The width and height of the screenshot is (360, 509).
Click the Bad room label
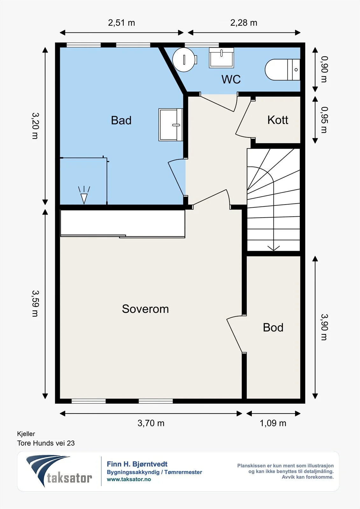click(x=121, y=120)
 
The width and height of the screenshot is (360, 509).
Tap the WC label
click(x=231, y=79)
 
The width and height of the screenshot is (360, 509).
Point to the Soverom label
click(x=145, y=309)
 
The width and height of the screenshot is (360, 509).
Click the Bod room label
click(x=273, y=327)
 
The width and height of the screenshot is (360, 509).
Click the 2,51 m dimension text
click(x=122, y=23)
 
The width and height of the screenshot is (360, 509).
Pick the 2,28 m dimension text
click(x=244, y=23)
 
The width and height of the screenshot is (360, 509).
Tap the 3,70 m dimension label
click(x=151, y=423)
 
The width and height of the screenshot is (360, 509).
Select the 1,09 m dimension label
click(x=273, y=423)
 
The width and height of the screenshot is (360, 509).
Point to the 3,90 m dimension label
click(x=324, y=327)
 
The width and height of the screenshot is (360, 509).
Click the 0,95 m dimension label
click(x=324, y=120)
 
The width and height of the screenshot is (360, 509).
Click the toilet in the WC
click(x=282, y=70)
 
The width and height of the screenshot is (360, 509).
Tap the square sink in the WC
click(x=221, y=58)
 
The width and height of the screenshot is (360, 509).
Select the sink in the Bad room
click(x=171, y=125)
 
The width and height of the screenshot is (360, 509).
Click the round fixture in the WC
click(x=184, y=59)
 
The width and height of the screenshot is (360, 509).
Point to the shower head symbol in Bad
click(x=84, y=195)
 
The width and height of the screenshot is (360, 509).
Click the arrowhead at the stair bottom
click(x=273, y=248)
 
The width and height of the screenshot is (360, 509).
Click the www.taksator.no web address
click(x=129, y=479)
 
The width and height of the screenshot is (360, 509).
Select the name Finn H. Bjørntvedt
click(x=137, y=464)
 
